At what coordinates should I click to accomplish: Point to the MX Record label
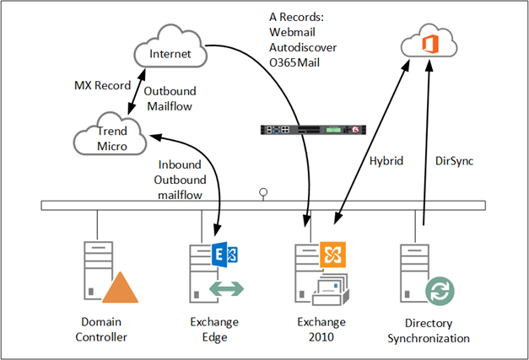[101, 87]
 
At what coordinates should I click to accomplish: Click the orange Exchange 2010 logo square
[332, 254]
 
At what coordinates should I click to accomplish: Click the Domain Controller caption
[105, 330]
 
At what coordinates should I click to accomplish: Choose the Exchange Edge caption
[214, 330]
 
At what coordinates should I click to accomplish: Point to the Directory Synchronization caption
[428, 330]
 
